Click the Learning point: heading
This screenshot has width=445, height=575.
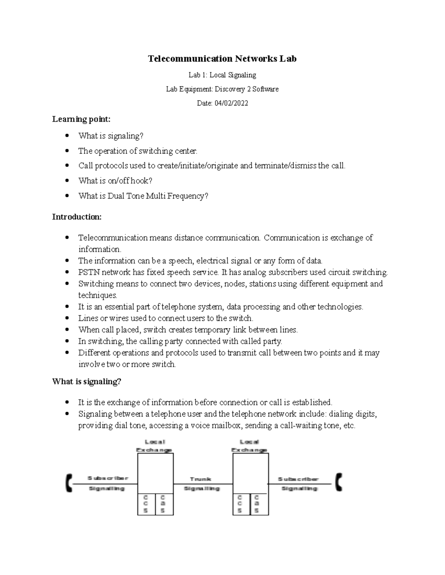tap(81, 119)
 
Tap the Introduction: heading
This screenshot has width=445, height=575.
tap(77, 217)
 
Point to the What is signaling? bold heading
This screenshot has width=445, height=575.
tap(87, 382)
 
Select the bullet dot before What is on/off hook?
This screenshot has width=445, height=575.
tap(67, 181)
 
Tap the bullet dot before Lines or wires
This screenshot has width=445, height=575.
tap(67, 318)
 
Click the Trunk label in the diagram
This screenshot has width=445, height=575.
tap(200, 479)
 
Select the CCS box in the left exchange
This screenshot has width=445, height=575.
tap(146, 504)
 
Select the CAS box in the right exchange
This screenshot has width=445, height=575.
tap(257, 504)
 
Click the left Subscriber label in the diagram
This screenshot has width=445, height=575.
tap(108, 478)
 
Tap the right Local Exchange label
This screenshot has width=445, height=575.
tap(249, 446)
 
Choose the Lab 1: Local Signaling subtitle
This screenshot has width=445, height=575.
tap(222, 75)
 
